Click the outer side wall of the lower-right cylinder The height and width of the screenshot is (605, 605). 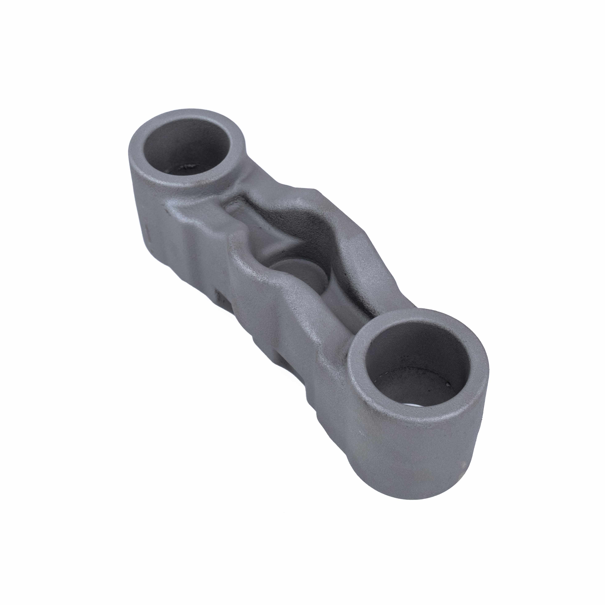click(x=417, y=463)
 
